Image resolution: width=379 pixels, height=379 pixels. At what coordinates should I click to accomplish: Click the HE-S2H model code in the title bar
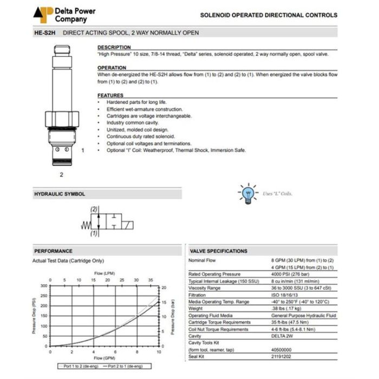(45, 33)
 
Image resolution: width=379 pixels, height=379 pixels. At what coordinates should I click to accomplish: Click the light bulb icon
(249, 193)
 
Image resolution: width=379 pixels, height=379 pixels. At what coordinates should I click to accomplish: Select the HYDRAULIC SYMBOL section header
(60, 194)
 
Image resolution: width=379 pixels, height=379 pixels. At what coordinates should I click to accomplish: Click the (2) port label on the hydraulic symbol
(93, 209)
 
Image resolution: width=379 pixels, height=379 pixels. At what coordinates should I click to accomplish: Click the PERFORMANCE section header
(53, 251)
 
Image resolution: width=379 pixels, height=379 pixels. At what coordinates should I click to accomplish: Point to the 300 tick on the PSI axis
(44, 285)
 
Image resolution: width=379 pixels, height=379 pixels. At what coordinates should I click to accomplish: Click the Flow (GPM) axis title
(105, 358)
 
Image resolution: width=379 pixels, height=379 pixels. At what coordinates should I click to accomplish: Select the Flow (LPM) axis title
(105, 273)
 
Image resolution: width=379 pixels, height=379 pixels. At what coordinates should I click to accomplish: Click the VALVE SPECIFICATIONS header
(219, 251)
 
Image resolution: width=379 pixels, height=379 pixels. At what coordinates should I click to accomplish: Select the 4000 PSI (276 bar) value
(291, 274)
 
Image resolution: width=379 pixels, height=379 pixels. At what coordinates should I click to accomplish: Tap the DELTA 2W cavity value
(284, 336)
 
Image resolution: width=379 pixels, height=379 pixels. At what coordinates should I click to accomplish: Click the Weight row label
(195, 309)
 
